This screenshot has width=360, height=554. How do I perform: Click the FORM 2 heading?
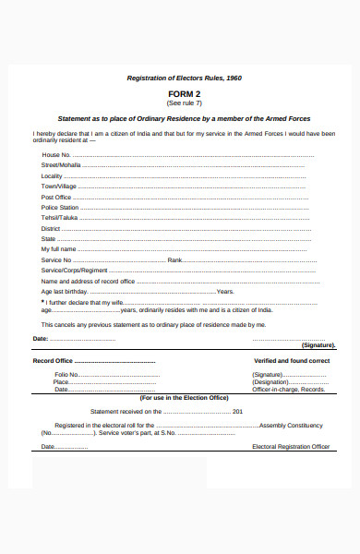click(184, 94)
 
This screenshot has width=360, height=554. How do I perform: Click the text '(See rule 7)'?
click(184, 102)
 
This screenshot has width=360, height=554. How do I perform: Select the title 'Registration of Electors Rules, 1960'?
click(184, 78)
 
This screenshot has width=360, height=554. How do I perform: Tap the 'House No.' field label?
click(57, 154)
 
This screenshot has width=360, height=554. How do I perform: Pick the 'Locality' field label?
click(52, 175)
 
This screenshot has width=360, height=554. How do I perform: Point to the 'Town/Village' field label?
click(58, 186)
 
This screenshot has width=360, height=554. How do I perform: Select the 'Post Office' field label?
click(56, 197)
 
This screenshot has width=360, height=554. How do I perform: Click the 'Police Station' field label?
click(60, 207)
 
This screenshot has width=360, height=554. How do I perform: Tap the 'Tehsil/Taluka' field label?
click(59, 217)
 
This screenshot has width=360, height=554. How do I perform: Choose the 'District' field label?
click(51, 228)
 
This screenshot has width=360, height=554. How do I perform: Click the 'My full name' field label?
click(58, 249)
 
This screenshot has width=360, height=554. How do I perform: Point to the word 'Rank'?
click(174, 259)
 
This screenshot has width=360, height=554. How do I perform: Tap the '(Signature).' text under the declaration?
click(318, 344)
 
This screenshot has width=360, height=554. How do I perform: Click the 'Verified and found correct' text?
click(292, 360)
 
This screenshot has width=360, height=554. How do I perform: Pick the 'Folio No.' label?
click(67, 375)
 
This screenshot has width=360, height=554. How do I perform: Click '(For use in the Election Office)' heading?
click(184, 397)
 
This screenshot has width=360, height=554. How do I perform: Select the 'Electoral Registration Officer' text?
click(291, 446)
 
